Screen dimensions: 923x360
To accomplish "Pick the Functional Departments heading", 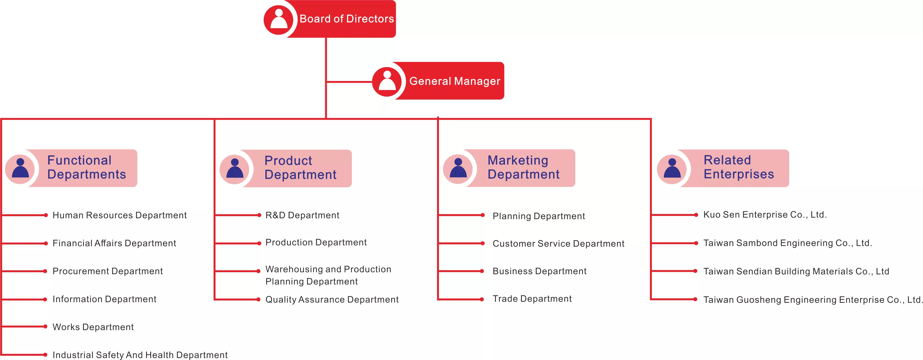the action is [86, 167].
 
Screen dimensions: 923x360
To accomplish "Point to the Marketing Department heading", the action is [523, 167].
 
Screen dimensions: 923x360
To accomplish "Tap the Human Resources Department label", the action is [119, 215].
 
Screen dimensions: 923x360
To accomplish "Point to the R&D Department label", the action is [302, 215].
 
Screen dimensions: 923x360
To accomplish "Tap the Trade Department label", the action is [532, 299].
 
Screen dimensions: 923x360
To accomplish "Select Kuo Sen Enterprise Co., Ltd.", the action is [765, 215].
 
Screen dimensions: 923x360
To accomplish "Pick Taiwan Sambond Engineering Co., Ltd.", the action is [788, 243].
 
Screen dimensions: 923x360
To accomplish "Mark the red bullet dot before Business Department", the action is [482, 271].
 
